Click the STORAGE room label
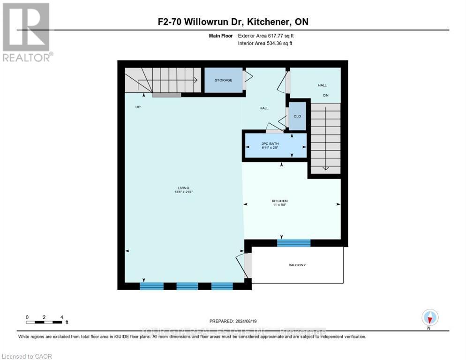pos(223,80)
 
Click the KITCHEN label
pos(279,201)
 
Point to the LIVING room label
pos(183,188)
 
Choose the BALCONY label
pos(297,265)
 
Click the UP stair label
pos(138,107)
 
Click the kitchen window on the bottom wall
pos(293,243)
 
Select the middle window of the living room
pos(187,286)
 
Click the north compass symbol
pos(429,318)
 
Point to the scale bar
pos(44,322)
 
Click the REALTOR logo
pos(27,32)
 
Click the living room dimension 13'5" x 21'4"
pos(183,192)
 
